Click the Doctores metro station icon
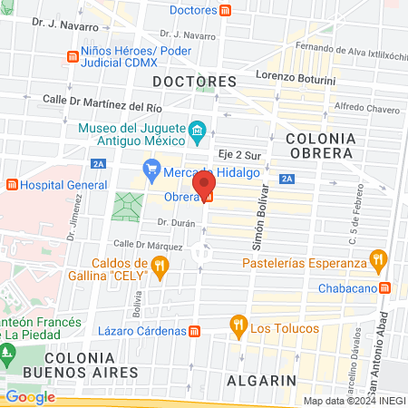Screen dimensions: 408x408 click(x=224, y=11)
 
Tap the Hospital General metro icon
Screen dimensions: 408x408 click(x=12, y=184)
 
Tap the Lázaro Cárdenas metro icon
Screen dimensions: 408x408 click(x=195, y=332)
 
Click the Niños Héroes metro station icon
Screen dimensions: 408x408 click(x=72, y=57)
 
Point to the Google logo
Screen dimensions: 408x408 click(x=30, y=396)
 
